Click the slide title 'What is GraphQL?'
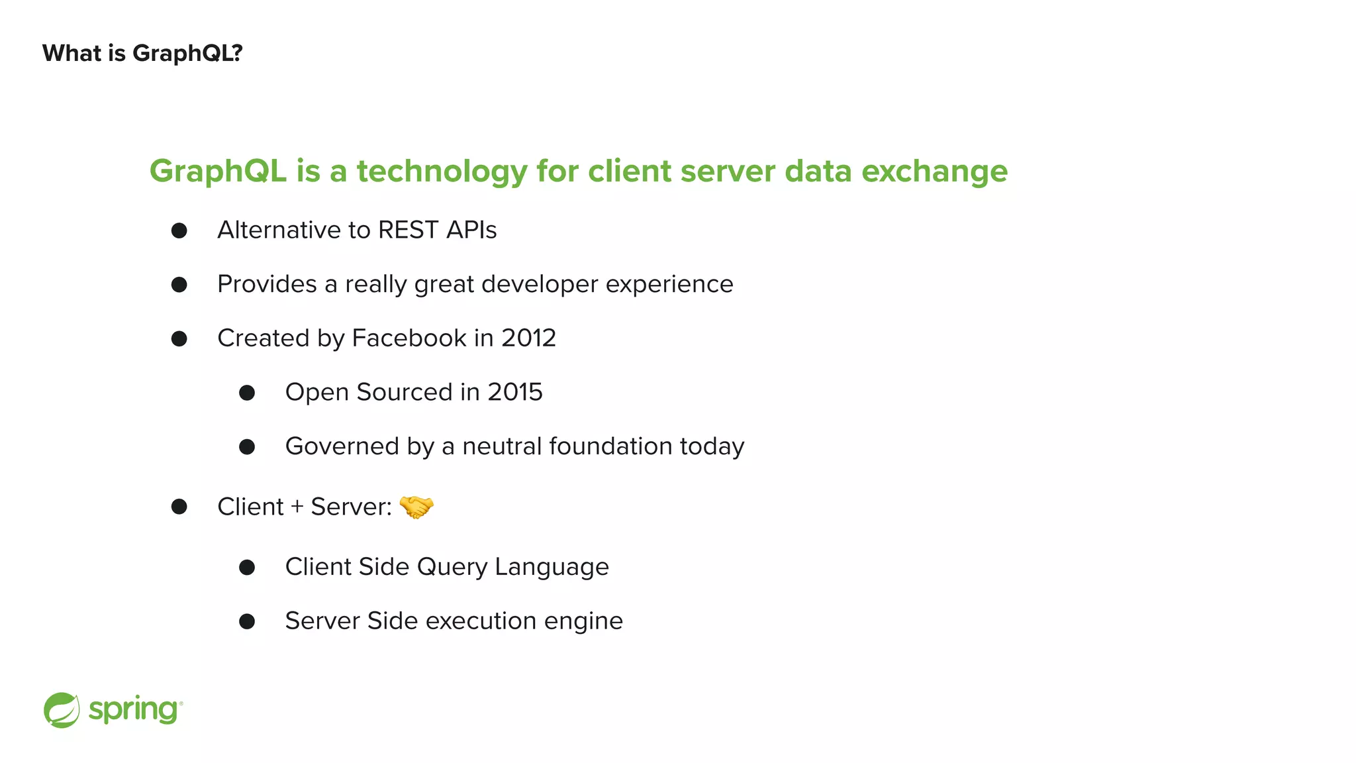point(142,53)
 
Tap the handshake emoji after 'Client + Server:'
point(416,507)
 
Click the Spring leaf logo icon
point(62,710)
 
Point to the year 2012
point(528,338)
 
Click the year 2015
point(515,392)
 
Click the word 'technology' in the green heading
point(442,172)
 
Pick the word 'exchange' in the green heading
point(934,172)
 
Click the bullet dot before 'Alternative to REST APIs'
point(179,230)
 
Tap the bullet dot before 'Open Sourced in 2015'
point(247,393)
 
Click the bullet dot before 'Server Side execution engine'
point(247,621)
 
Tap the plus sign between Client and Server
point(297,507)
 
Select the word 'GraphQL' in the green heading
point(218,172)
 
